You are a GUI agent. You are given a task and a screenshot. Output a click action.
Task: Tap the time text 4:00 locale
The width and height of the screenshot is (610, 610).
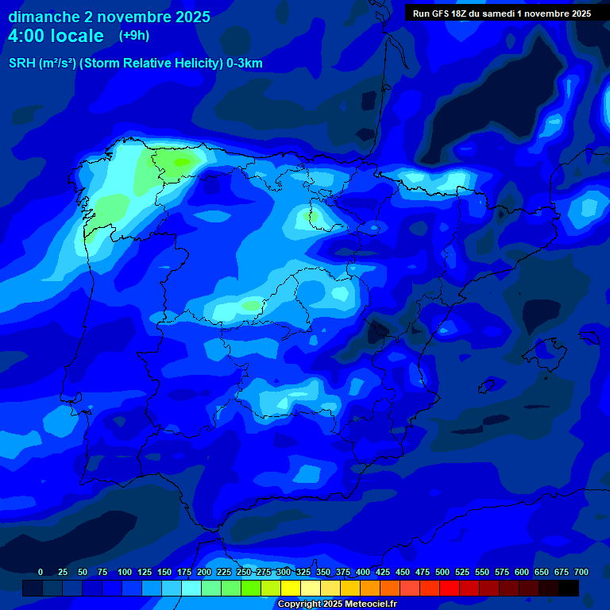tap(56, 36)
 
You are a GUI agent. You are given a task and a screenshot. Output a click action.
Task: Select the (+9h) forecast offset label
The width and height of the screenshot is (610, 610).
tap(134, 36)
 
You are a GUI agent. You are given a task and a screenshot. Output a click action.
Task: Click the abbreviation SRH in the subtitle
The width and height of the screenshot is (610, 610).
tap(22, 64)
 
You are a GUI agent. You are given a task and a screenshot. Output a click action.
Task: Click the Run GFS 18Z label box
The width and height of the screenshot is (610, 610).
tap(501, 14)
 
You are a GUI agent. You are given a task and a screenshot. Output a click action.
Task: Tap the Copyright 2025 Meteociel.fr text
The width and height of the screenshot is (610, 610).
tap(337, 604)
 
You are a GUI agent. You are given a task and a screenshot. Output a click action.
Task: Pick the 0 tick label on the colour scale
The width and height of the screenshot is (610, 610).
tap(41, 572)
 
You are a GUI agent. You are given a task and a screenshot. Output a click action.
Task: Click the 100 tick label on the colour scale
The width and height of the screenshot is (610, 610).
tap(125, 572)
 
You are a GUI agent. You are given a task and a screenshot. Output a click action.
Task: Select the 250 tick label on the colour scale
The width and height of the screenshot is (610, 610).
tap(244, 572)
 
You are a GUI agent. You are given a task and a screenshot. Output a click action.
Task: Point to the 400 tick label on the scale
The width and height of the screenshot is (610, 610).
tap(363, 572)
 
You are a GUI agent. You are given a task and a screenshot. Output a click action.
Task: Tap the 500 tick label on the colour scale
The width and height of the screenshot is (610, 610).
tap(442, 572)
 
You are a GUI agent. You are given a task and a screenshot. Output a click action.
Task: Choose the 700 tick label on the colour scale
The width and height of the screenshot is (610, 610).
tap(581, 572)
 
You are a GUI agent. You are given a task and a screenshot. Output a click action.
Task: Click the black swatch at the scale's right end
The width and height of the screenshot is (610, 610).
tap(569, 588)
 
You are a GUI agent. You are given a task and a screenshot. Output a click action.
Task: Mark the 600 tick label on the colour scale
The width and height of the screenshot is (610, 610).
tap(522, 572)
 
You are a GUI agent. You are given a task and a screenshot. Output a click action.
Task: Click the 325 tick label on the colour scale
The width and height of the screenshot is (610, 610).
tap(303, 572)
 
